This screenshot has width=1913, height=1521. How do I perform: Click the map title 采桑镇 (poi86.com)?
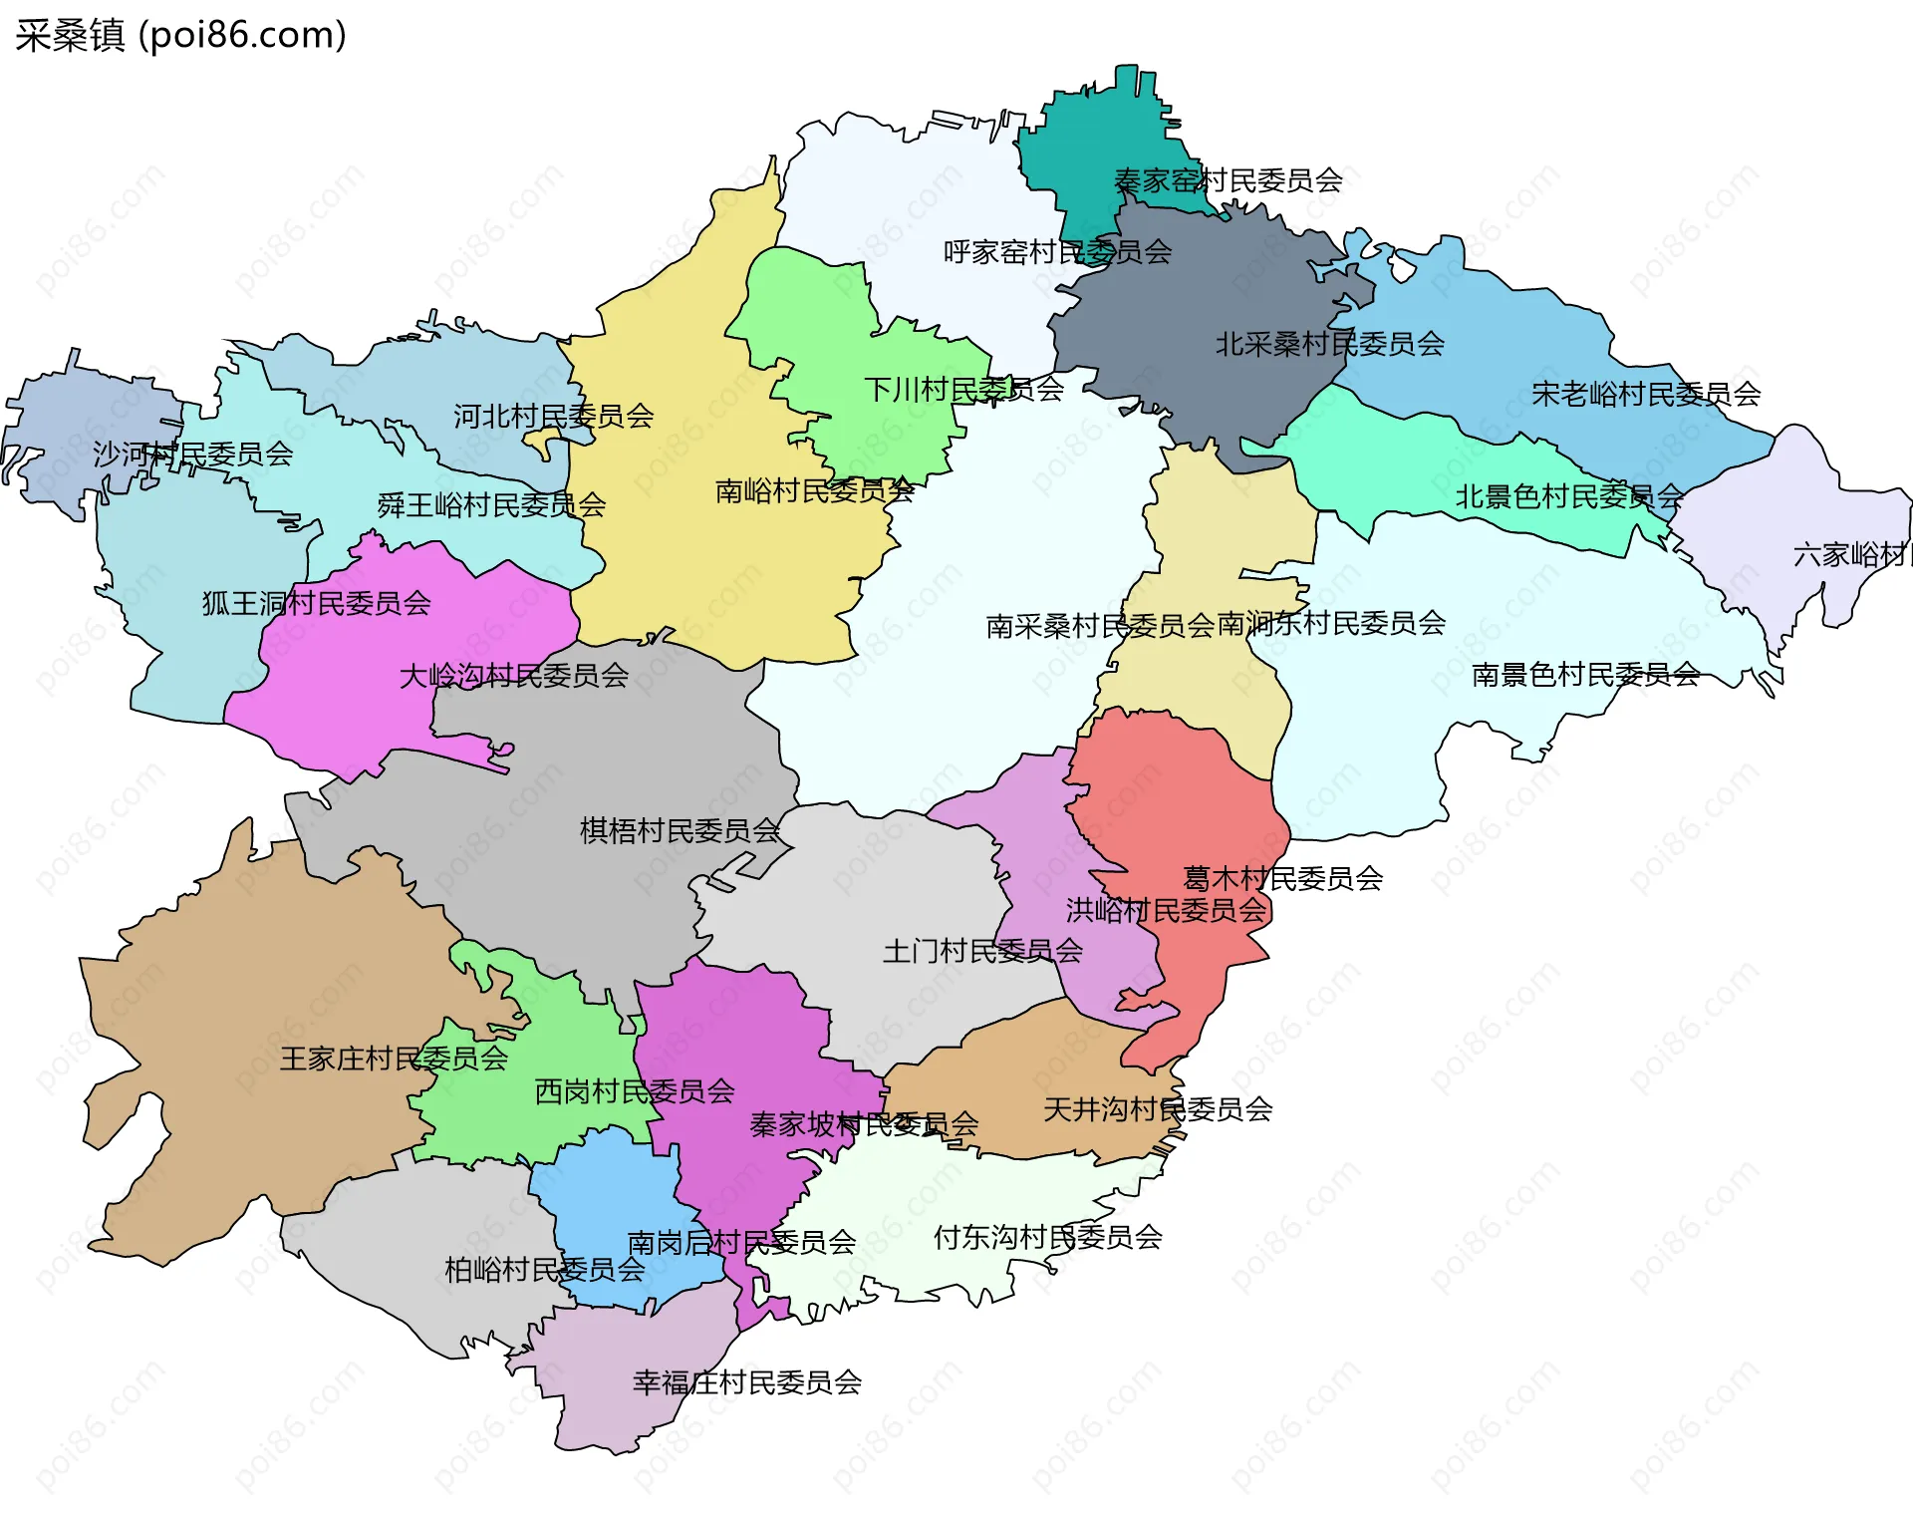pyautogui.click(x=180, y=36)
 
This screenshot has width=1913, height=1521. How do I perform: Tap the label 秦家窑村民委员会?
pyautogui.click(x=1228, y=181)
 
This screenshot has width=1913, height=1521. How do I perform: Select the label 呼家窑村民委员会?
pyautogui.click(x=1057, y=252)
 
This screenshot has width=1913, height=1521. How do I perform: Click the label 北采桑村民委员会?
pyautogui.click(x=1329, y=345)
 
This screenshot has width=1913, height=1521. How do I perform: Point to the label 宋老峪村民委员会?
pyautogui.click(x=1645, y=395)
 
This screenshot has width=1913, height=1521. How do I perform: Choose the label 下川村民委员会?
pyautogui.click(x=963, y=390)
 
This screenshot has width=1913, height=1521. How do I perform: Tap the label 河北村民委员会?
pyautogui.click(x=553, y=417)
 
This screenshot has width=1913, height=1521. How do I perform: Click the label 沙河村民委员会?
pyautogui.click(x=192, y=455)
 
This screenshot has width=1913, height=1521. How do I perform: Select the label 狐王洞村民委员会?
pyautogui.click(x=316, y=603)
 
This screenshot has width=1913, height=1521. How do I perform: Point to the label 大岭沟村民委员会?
pyautogui.click(x=513, y=676)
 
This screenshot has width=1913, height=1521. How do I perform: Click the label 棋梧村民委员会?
pyautogui.click(x=680, y=830)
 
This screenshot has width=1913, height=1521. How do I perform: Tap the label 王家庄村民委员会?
pyautogui.click(x=394, y=1059)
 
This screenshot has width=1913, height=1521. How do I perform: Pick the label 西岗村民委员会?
pyautogui.click(x=634, y=1091)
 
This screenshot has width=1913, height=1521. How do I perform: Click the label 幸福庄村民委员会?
pyautogui.click(x=746, y=1382)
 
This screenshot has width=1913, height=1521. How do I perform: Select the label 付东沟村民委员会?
pyautogui.click(x=1047, y=1237)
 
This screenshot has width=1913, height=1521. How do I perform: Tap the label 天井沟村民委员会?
pyautogui.click(x=1158, y=1109)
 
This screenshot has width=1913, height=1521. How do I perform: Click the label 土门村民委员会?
pyautogui.click(x=982, y=951)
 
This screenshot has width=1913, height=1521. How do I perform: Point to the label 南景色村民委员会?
pyautogui.click(x=1585, y=675)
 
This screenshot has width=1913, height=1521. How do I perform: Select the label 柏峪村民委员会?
pyautogui.click(x=544, y=1270)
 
